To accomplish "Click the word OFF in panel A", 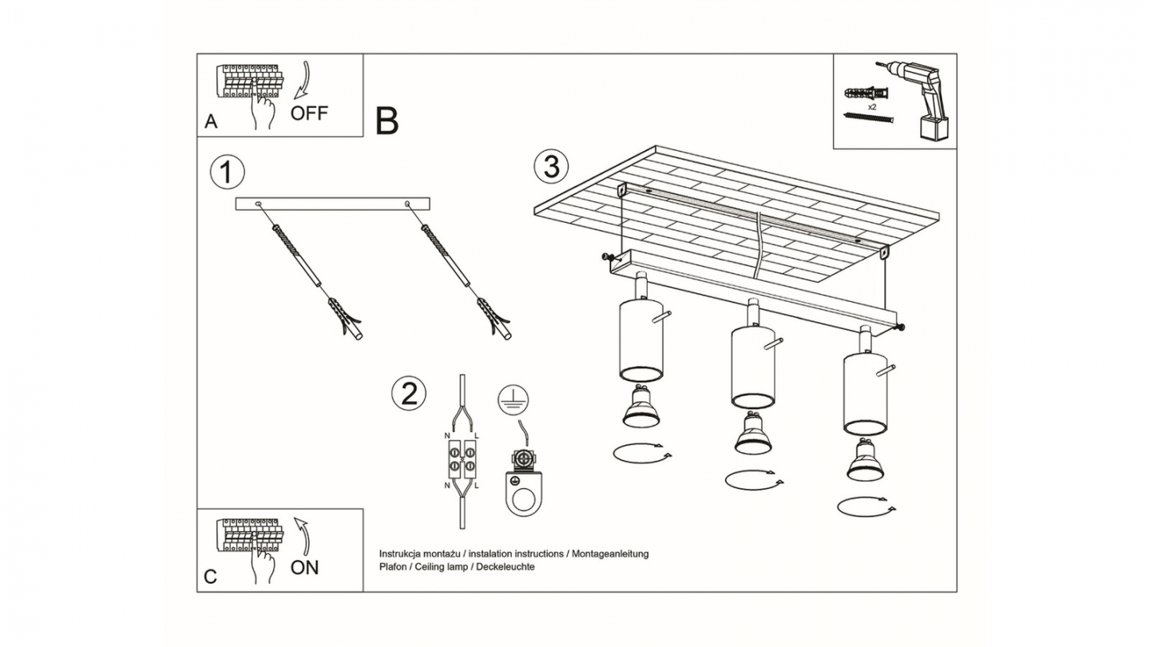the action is pyautogui.click(x=309, y=113).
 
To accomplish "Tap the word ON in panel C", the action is pyautogui.click(x=305, y=567).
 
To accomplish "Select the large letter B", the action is pyautogui.click(x=387, y=121).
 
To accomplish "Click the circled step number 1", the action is pyautogui.click(x=228, y=172).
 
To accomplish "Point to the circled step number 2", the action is pyautogui.click(x=409, y=394).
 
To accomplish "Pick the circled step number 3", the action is pyautogui.click(x=551, y=167).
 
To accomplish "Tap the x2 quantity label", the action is pyautogui.click(x=872, y=107).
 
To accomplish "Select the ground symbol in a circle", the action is pyautogui.click(x=513, y=400).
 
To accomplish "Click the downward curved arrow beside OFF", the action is pyautogui.click(x=304, y=80).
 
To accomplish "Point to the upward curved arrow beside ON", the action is pyautogui.click(x=304, y=537).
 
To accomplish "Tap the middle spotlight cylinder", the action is pyautogui.click(x=752, y=367).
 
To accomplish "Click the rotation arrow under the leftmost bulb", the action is pyautogui.click(x=642, y=454).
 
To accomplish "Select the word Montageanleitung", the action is pyautogui.click(x=610, y=554).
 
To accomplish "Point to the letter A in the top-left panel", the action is pyautogui.click(x=211, y=121).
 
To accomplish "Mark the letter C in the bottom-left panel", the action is pyautogui.click(x=211, y=577).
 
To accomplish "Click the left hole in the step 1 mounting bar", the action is pyautogui.click(x=258, y=204).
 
